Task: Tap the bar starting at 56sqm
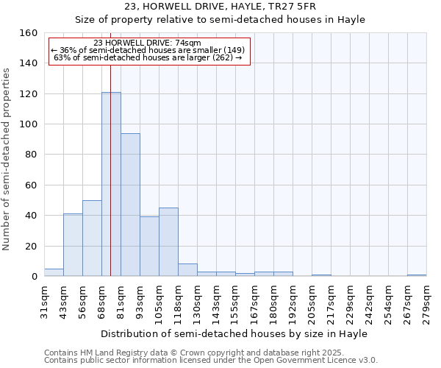(x=92, y=238)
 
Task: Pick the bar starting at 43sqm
(x=73, y=245)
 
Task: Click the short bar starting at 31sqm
(x=54, y=272)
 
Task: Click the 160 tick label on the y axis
(x=28, y=33)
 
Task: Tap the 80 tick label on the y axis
(x=31, y=155)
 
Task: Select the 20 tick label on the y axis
(x=31, y=246)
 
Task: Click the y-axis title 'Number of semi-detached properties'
(x=7, y=155)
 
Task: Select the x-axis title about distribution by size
(x=234, y=333)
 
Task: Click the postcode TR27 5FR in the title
(x=290, y=7)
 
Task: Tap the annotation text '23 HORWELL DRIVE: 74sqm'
(x=148, y=43)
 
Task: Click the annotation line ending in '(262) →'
(x=148, y=58)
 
